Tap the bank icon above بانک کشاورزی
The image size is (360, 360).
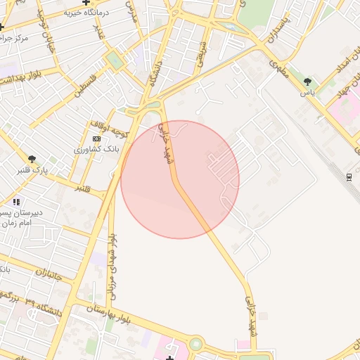(96, 139)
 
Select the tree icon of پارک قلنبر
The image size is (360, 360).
(32, 159)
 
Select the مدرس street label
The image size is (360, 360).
(130, 11)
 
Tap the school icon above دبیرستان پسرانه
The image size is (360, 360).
(15, 202)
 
